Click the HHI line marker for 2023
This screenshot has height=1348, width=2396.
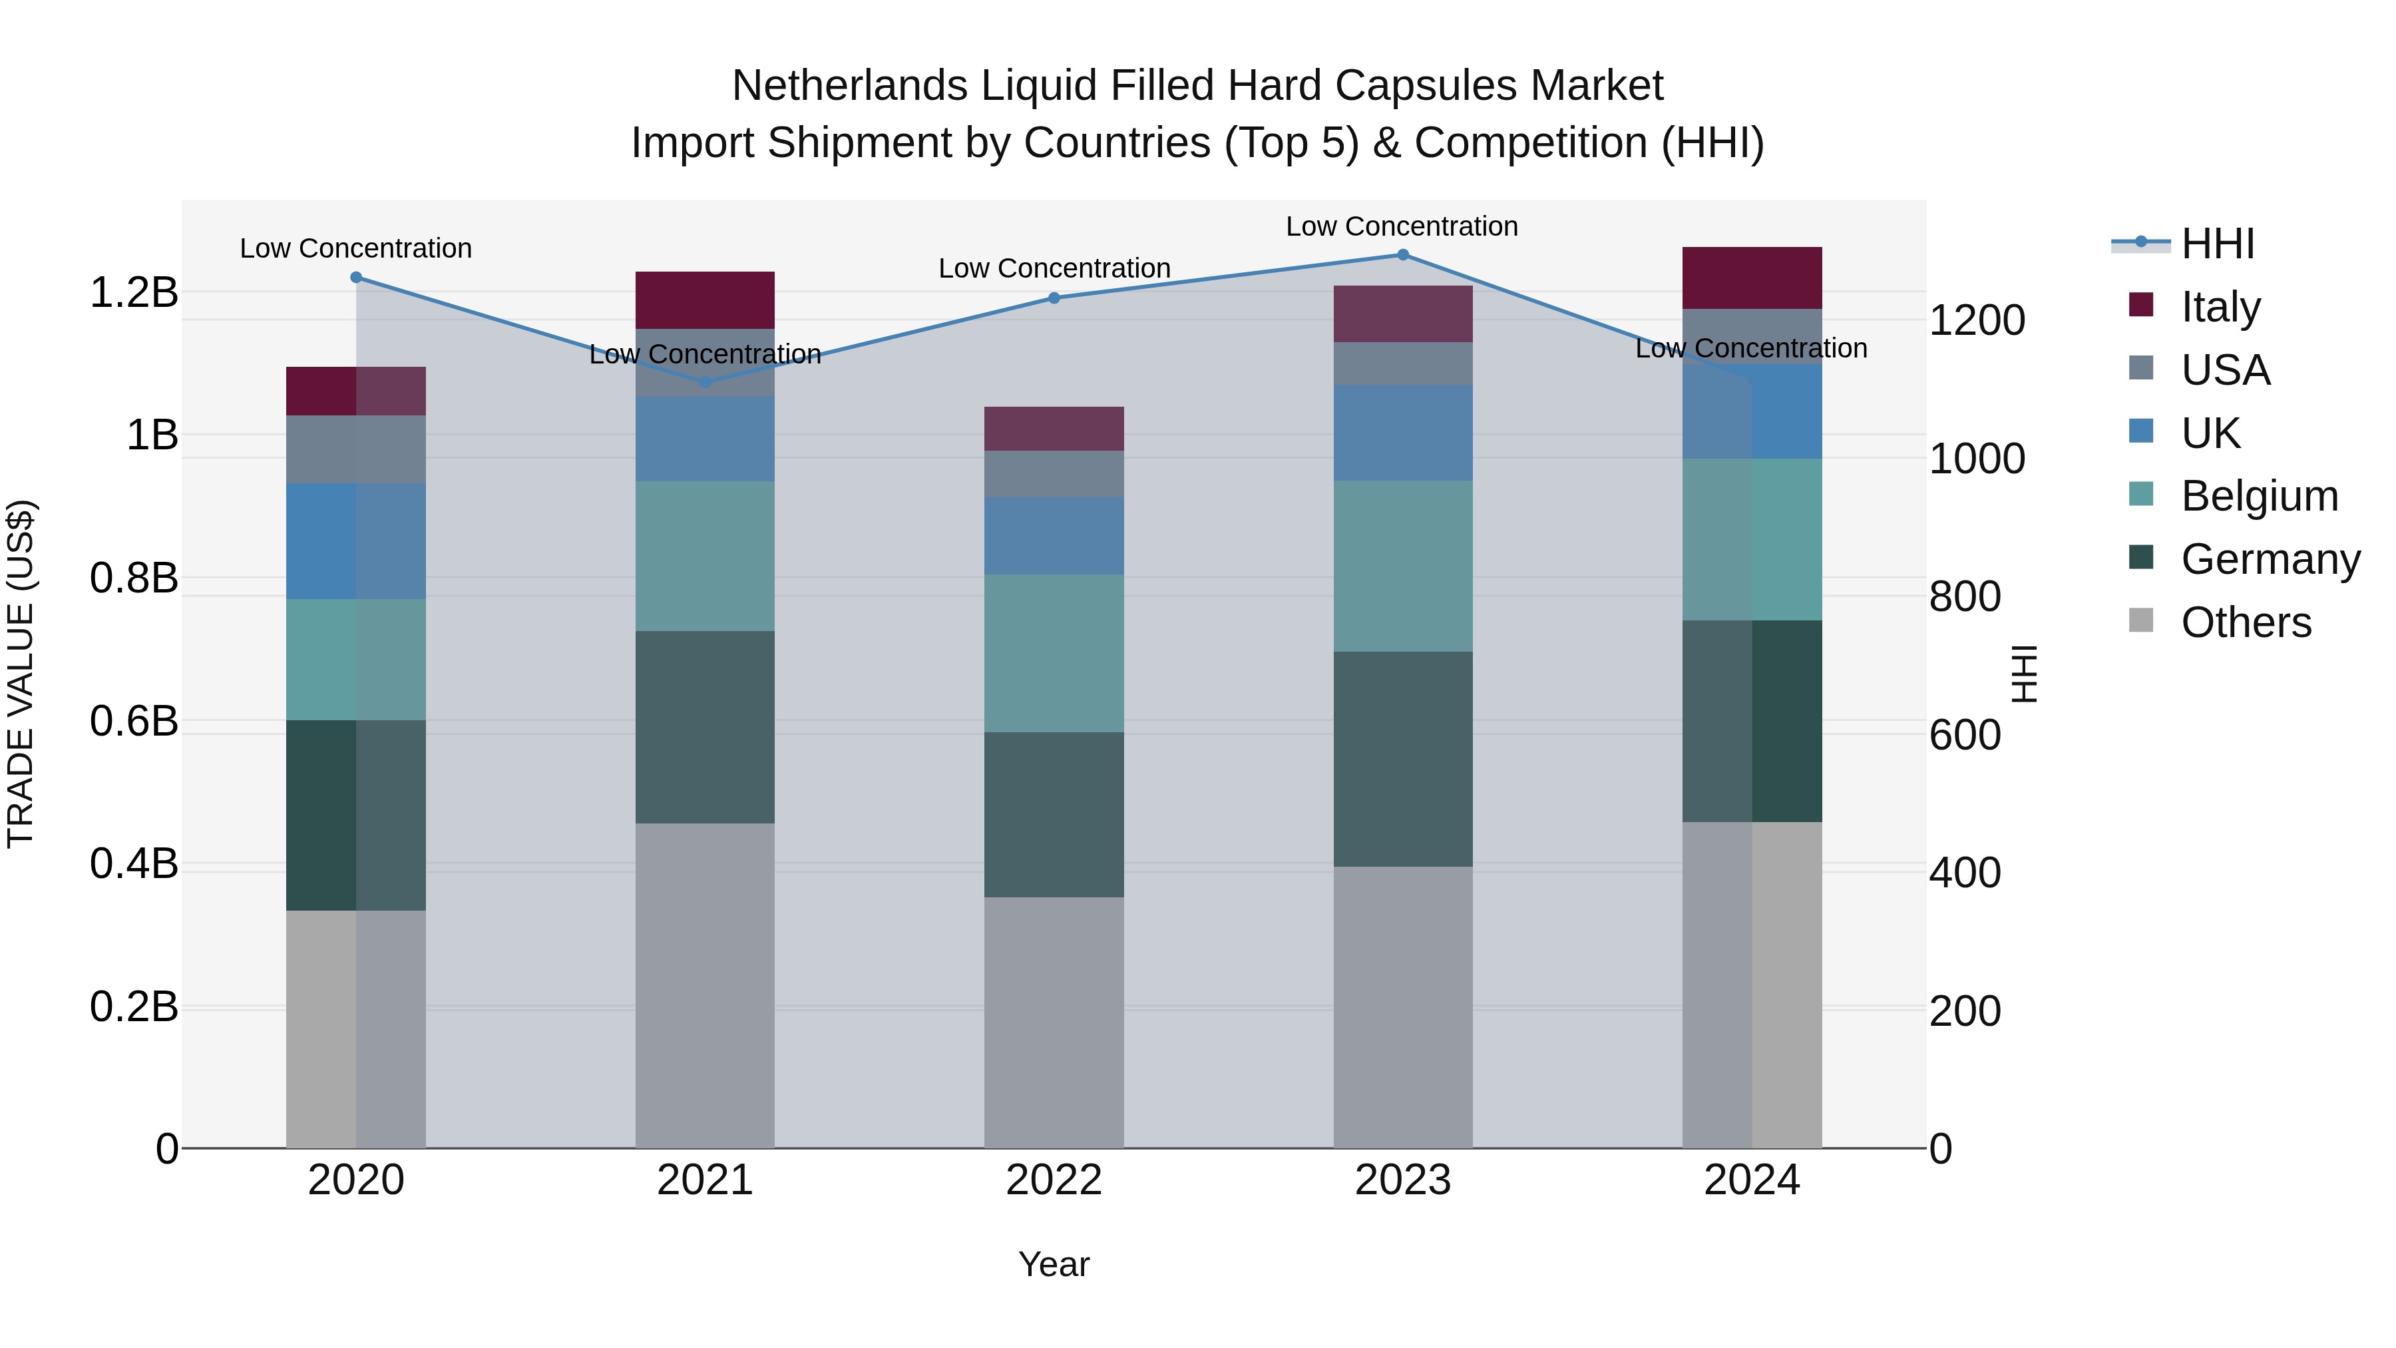[1402, 255]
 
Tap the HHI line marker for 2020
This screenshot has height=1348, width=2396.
[355, 277]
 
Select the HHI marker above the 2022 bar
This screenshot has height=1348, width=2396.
[1054, 298]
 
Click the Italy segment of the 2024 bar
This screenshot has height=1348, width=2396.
[1752, 277]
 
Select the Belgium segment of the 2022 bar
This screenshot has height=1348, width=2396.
[1054, 652]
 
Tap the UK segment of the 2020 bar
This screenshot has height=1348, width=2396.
[355, 541]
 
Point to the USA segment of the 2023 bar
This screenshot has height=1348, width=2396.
[1402, 363]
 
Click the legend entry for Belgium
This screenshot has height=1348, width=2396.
[2258, 496]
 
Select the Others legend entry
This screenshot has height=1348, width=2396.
[2246, 622]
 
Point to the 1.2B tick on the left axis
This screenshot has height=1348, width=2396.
[134, 293]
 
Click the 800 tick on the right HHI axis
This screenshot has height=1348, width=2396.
[1965, 596]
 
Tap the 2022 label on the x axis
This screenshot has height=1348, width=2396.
[1054, 1180]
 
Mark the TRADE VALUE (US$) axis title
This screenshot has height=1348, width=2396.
[21, 674]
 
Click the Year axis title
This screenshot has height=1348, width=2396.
[1054, 1264]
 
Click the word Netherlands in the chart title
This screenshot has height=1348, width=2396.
[849, 86]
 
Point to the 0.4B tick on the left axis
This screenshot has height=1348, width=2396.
[134, 863]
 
